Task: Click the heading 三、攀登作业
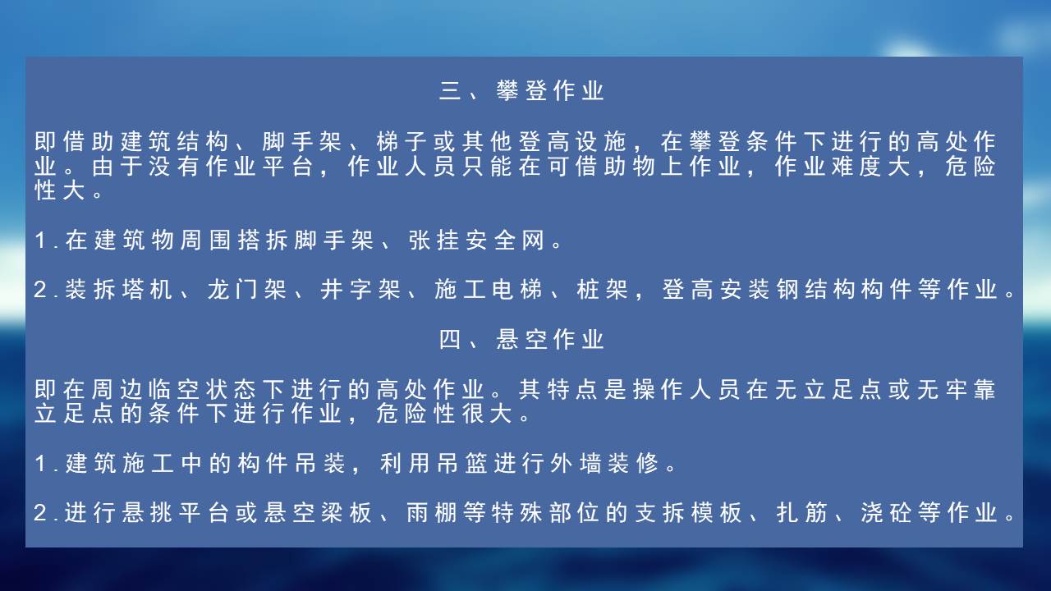521,90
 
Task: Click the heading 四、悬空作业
521,339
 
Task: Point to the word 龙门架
247,290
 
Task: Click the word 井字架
360,290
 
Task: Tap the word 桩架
603,290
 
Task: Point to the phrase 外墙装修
605,464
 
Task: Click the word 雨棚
432,513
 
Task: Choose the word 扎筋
802,513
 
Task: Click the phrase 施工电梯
489,290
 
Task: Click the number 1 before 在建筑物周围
41,241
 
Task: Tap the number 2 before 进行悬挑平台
40,513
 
